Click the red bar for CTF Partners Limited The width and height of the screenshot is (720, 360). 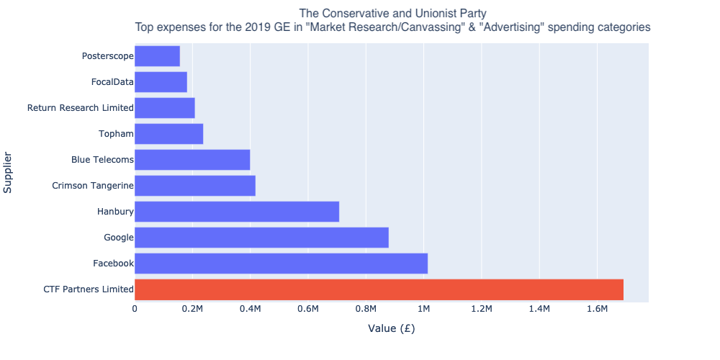click(379, 289)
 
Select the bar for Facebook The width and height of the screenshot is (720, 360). click(281, 264)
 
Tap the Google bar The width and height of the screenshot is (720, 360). click(261, 238)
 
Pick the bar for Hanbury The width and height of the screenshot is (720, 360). click(237, 212)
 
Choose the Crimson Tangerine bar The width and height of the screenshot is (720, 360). click(195, 186)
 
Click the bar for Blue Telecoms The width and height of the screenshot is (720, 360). click(192, 160)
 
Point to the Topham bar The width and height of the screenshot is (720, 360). click(168, 134)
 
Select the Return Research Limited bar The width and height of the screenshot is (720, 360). click(165, 108)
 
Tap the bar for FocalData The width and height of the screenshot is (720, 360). click(161, 82)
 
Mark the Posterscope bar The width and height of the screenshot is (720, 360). click(157, 56)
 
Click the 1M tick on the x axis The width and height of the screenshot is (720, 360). click(423, 310)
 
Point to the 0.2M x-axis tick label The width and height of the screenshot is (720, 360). click(192, 310)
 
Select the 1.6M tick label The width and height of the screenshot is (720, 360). click(597, 310)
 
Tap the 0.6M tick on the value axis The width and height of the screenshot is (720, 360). click(308, 310)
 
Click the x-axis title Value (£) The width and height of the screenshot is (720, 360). click(391, 329)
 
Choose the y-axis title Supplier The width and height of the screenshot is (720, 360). click(9, 173)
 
